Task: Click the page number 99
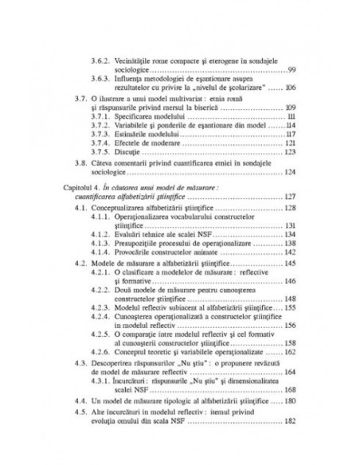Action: pyautogui.click(x=292, y=69)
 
